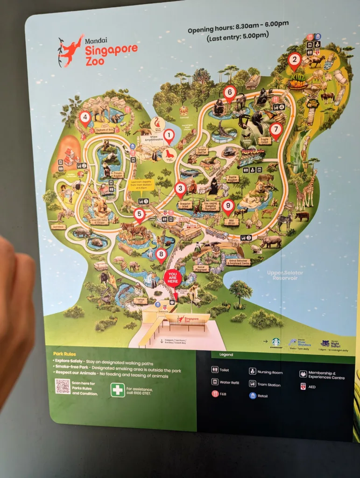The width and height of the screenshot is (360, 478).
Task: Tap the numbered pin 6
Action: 229,93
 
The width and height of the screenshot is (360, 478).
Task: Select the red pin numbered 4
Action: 85,118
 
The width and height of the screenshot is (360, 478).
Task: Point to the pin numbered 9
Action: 228,206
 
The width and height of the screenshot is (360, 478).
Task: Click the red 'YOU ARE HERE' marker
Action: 172,278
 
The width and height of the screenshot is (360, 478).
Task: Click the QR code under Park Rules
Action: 63,386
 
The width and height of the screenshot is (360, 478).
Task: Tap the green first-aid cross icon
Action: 118,389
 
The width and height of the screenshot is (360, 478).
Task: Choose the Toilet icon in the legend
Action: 215,369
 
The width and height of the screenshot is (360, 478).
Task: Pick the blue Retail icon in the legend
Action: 253,395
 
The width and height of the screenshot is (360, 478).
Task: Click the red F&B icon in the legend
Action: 215,394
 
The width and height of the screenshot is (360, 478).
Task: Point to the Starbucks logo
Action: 276,342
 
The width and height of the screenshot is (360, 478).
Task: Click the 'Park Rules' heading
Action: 64,354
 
